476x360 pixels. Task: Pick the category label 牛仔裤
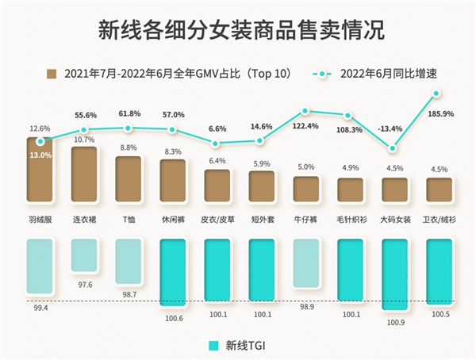point(305,214)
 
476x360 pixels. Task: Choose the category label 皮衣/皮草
point(217,214)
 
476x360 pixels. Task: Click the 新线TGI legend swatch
point(213,346)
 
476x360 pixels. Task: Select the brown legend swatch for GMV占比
point(52,74)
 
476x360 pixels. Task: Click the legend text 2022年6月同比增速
point(390,74)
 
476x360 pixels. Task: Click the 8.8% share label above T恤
point(129,147)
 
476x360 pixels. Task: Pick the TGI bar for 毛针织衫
point(350,270)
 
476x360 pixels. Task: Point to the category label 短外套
point(261,214)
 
